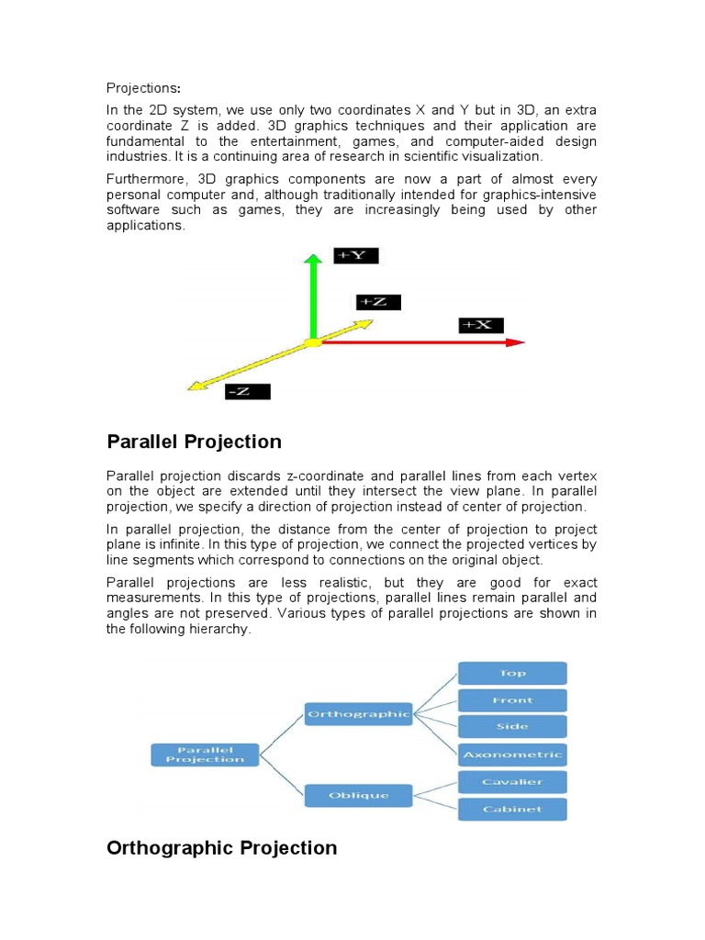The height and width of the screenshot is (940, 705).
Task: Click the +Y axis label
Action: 355,256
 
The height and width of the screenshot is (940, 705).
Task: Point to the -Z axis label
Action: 247,392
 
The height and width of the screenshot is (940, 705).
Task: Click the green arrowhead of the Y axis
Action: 313,261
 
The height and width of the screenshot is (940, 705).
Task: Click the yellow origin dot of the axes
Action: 313,342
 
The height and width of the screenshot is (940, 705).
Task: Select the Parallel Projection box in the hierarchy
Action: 204,755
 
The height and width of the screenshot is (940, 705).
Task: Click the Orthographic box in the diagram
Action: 357,714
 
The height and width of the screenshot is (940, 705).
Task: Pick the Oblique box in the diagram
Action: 357,795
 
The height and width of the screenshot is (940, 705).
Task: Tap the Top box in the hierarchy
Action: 511,673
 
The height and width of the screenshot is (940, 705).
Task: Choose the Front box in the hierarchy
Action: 511,700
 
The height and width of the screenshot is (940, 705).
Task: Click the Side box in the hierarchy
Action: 511,727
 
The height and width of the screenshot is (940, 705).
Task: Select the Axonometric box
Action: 511,755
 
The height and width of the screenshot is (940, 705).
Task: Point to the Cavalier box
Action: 511,782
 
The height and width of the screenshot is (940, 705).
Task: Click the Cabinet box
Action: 511,809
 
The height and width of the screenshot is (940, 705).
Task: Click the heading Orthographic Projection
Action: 222,848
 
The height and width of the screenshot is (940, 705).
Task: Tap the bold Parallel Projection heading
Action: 195,442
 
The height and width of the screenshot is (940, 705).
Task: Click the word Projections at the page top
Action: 143,88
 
